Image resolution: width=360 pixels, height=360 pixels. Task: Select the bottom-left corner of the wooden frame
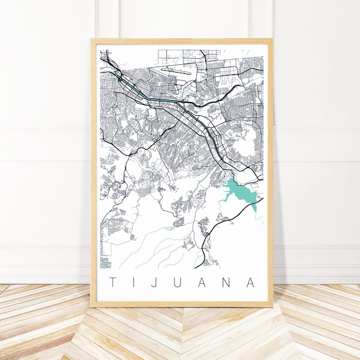pyautogui.click(x=92, y=307)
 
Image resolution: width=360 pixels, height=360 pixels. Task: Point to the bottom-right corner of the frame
pyautogui.click(x=272, y=307)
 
